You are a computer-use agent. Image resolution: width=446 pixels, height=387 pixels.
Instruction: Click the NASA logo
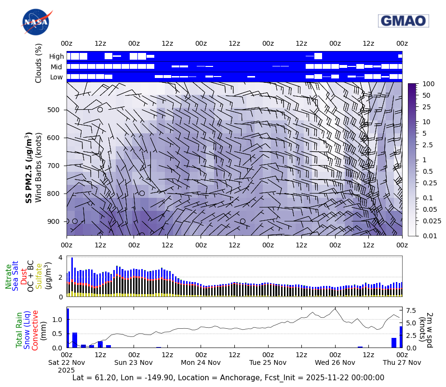(x=35, y=22)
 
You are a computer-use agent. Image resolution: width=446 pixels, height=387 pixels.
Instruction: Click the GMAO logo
(x=404, y=21)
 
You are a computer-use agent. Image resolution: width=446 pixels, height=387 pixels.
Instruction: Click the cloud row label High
(x=56, y=56)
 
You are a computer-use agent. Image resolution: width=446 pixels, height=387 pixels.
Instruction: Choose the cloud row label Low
(x=56, y=77)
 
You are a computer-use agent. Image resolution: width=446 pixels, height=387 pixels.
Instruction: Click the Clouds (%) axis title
(x=39, y=63)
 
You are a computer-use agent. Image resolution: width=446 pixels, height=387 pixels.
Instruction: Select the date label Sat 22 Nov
(x=67, y=362)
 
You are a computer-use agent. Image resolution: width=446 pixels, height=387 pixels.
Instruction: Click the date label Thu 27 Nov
(x=402, y=362)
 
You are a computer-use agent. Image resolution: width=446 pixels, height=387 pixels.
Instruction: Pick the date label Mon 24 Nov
(x=201, y=362)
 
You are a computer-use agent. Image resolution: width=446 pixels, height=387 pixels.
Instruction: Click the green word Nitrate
(x=9, y=276)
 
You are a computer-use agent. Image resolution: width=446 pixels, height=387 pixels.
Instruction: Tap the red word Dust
(x=23, y=276)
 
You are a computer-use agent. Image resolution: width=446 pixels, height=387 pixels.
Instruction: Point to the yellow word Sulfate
(x=39, y=276)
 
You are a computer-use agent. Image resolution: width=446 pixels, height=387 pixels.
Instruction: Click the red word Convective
(x=35, y=330)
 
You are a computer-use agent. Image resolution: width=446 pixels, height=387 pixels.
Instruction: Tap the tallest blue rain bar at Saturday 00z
(x=68, y=328)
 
